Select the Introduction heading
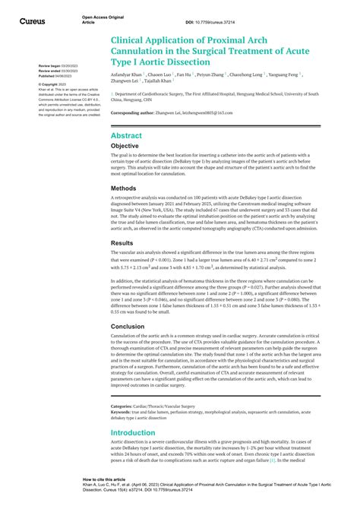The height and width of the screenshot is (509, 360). [x=138, y=434]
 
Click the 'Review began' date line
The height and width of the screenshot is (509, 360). [x=59, y=66]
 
